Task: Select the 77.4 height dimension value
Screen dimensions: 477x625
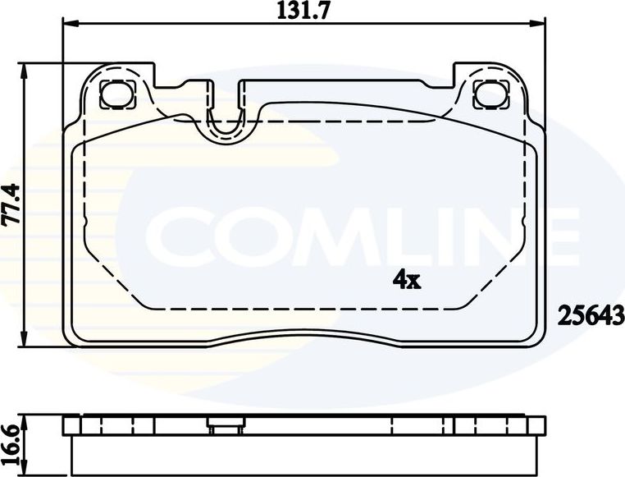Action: [11, 204]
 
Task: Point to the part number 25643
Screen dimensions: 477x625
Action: [591, 314]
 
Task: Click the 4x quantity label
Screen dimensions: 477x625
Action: [407, 281]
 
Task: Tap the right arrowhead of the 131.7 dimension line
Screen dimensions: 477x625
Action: [541, 23]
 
